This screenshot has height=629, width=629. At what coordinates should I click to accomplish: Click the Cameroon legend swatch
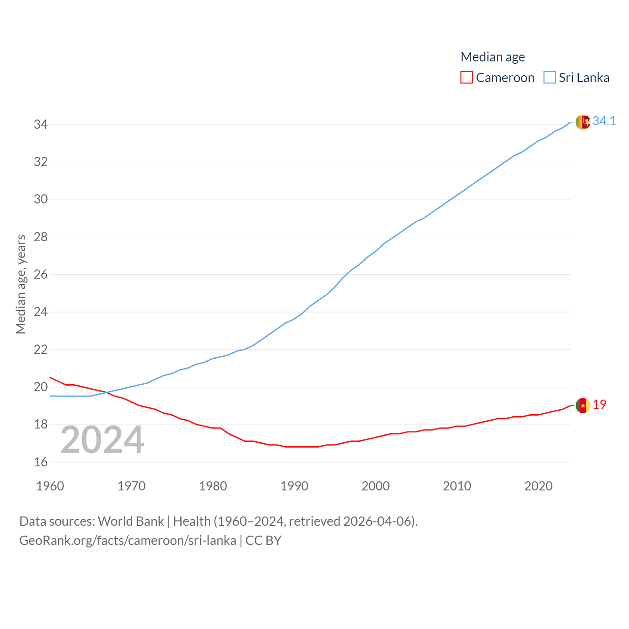466,78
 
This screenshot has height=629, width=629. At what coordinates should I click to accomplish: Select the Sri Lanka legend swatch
550,78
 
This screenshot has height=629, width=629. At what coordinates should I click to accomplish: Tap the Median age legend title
492,57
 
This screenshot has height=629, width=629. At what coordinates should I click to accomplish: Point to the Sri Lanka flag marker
583,122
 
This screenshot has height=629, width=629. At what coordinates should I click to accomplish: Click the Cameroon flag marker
583,405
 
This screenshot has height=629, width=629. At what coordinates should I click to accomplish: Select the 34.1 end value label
604,121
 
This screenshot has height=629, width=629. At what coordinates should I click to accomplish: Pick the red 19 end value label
600,404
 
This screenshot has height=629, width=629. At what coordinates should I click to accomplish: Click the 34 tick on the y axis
41,124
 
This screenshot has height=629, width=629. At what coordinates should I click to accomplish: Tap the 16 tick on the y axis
41,462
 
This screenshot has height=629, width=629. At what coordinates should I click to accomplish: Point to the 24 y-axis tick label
41,312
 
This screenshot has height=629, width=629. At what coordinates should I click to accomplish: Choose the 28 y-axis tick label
41,237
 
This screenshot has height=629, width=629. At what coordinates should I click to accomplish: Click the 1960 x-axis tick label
50,486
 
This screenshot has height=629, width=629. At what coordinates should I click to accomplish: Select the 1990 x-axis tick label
294,486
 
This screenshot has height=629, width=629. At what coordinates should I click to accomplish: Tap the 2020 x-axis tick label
539,486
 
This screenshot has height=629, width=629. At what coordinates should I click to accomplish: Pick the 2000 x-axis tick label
375,486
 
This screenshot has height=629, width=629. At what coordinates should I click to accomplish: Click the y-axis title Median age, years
21,284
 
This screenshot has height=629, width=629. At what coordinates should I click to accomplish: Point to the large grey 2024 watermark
102,440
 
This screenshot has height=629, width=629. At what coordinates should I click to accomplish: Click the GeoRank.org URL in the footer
128,541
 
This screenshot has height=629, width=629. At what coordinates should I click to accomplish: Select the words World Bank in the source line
131,521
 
